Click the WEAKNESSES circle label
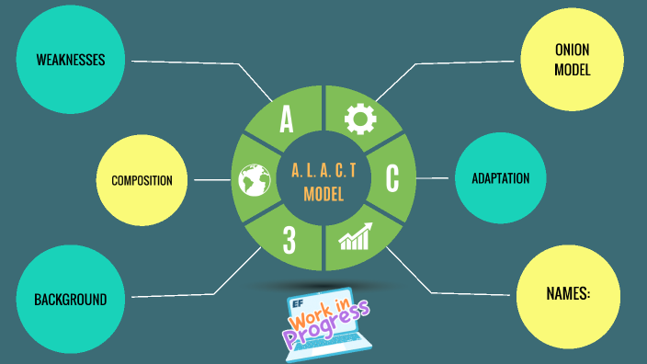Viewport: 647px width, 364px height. (71, 61)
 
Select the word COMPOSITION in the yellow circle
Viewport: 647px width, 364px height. (142, 180)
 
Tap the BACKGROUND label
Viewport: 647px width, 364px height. (71, 300)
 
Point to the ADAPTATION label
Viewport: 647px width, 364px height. (500, 178)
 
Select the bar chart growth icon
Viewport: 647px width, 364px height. (354, 237)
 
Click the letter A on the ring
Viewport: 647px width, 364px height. (287, 119)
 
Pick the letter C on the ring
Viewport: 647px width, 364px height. (392, 178)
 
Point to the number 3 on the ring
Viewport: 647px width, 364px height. (289, 241)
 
